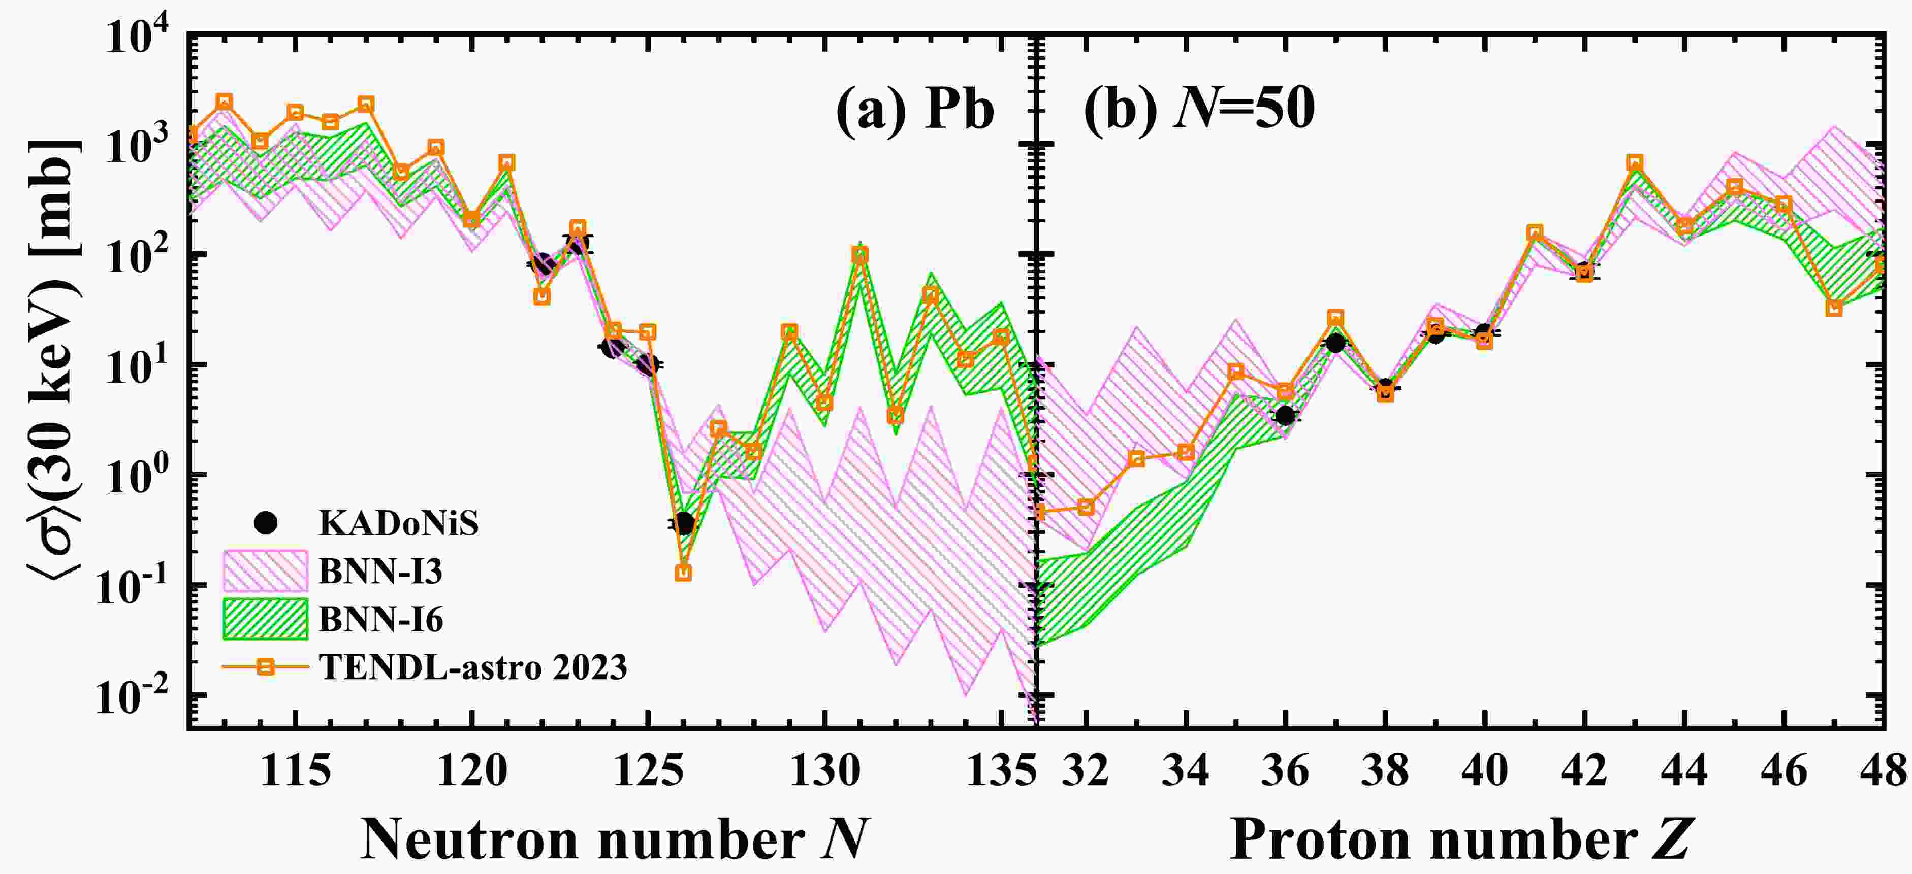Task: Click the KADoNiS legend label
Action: [x=399, y=524]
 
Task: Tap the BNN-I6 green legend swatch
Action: [x=265, y=619]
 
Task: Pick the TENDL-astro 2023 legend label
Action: [x=473, y=667]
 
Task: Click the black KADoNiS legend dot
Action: [x=265, y=524]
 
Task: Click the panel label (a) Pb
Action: [x=915, y=110]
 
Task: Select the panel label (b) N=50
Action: [x=1199, y=110]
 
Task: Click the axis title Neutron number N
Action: [x=615, y=839]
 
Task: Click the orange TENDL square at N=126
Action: [x=683, y=573]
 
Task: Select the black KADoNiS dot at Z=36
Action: [x=1285, y=416]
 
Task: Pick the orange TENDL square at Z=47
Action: [x=1833, y=308]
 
